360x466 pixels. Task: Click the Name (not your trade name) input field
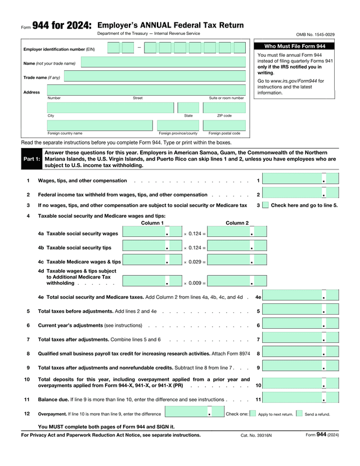click(163, 62)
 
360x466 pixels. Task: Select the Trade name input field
click(163, 77)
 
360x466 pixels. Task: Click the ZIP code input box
click(224, 108)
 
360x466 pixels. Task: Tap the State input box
click(188, 108)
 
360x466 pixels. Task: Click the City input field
click(111, 108)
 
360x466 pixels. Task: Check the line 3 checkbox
click(265, 205)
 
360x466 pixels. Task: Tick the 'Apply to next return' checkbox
click(253, 414)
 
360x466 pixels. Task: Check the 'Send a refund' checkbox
click(299, 414)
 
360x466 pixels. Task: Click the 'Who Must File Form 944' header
click(295, 46)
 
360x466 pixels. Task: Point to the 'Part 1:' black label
click(31, 159)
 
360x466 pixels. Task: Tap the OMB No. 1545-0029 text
click(315, 35)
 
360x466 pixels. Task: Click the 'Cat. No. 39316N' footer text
click(256, 435)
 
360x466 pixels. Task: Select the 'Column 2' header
click(237, 223)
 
